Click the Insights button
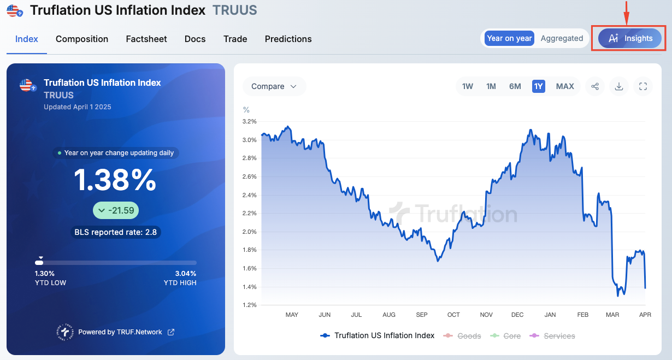629,38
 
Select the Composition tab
82,39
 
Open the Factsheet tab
146,39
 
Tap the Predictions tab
288,39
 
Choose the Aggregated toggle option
562,38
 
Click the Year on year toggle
509,38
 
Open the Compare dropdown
274,86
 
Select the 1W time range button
468,86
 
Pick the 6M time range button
515,86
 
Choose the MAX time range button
565,86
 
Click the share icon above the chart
595,86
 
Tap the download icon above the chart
619,86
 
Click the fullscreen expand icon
643,86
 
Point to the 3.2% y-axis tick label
249,121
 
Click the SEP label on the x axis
422,315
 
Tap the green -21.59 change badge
116,210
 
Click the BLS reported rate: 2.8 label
116,232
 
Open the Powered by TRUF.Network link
120,332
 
